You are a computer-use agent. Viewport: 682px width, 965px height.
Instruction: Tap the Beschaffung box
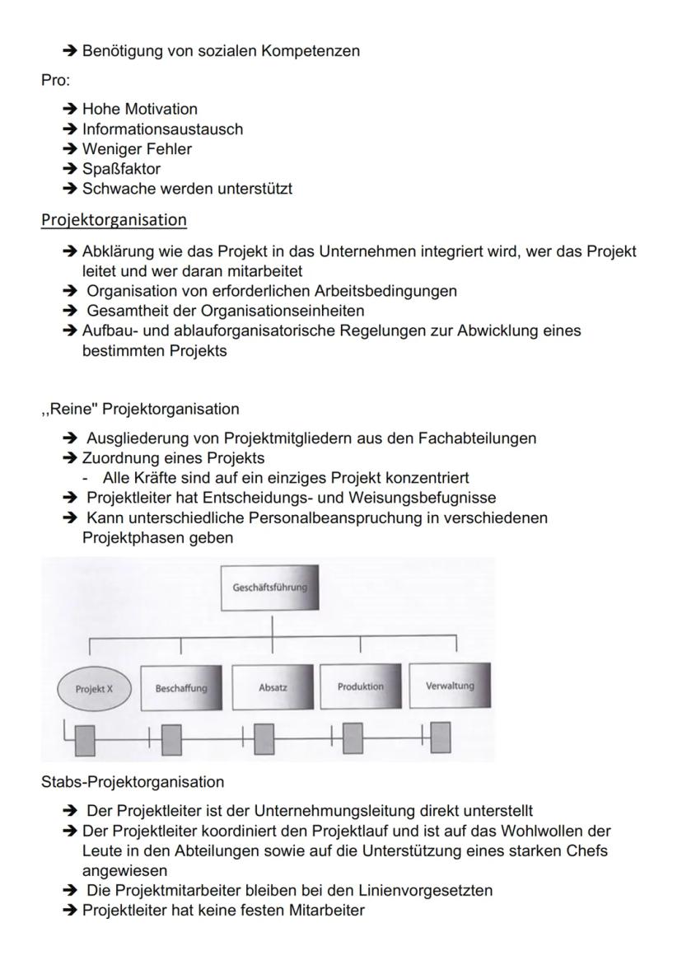pyautogui.click(x=181, y=687)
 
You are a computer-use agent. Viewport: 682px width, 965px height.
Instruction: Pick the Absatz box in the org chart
pyautogui.click(x=272, y=686)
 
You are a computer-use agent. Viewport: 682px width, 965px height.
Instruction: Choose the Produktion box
pyautogui.click(x=361, y=686)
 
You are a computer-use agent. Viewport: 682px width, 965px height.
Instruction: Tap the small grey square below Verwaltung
pyautogui.click(x=441, y=738)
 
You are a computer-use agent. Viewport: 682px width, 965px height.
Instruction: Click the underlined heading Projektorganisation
pyautogui.click(x=114, y=220)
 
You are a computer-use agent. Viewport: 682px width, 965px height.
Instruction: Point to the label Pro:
pyautogui.click(x=56, y=81)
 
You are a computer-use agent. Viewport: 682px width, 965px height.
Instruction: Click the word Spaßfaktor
pyautogui.click(x=121, y=169)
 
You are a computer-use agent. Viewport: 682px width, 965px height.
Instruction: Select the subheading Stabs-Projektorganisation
pyautogui.click(x=132, y=780)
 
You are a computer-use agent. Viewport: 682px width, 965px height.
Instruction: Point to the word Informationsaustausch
pyautogui.click(x=162, y=129)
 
